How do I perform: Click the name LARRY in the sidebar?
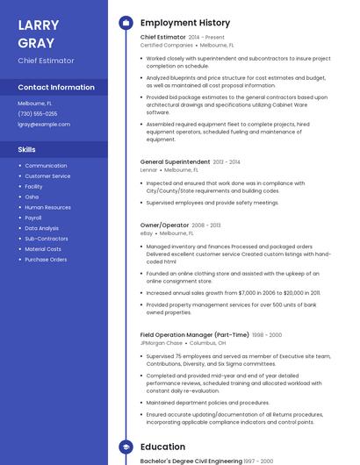[37, 25]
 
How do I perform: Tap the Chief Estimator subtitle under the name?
[46, 61]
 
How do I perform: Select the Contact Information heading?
[56, 87]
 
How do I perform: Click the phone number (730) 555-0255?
[38, 113]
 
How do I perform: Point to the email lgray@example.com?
[44, 124]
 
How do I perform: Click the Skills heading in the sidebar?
[27, 149]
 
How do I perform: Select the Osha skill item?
[32, 197]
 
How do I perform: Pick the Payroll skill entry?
[33, 218]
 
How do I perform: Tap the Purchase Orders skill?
[46, 260]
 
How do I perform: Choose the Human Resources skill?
[47, 207]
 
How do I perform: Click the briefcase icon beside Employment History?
[125, 23]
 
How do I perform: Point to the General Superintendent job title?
[176, 162]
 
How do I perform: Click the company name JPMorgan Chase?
[162, 343]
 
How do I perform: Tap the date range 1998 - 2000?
[267, 335]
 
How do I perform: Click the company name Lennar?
[148, 169]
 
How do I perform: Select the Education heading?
[162, 447]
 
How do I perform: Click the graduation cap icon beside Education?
[125, 447]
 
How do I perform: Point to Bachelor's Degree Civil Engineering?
[191, 461]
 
